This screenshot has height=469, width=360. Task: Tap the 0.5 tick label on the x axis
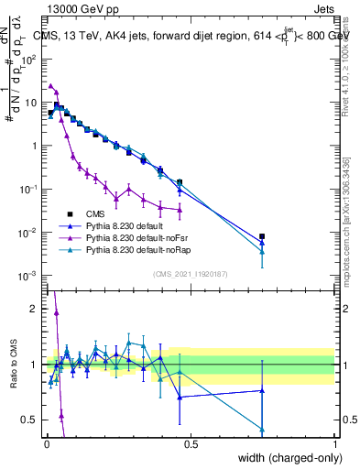point(190,444)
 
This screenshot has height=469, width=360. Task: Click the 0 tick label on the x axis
point(46,444)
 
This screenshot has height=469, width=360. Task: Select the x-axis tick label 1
point(334,444)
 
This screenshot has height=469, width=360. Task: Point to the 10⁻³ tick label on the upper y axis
point(28,276)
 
